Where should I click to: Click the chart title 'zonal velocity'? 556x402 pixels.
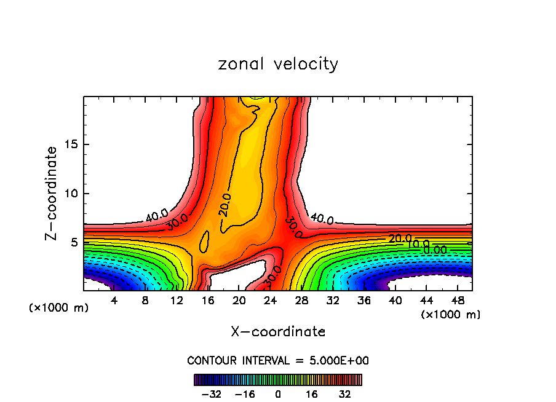278,64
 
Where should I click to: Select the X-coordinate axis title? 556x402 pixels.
278,332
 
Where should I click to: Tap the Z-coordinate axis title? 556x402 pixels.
52,193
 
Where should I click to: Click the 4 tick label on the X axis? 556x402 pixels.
114,301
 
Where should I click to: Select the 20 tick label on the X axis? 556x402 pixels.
239,301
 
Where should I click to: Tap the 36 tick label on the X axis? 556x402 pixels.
364,301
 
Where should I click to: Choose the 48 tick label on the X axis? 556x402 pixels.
458,301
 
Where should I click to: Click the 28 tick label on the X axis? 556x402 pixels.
301,301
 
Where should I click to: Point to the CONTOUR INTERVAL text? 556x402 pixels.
278,360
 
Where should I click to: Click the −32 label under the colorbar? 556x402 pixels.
211,394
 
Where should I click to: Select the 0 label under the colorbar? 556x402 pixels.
278,394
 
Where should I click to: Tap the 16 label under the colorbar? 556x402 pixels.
312,394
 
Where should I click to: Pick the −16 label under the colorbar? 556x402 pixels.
244,394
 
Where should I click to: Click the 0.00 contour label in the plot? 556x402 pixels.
435,250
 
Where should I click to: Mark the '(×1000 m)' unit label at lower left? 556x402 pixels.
59,308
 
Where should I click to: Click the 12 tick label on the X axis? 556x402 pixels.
177,301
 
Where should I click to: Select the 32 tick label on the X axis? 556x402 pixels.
333,301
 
